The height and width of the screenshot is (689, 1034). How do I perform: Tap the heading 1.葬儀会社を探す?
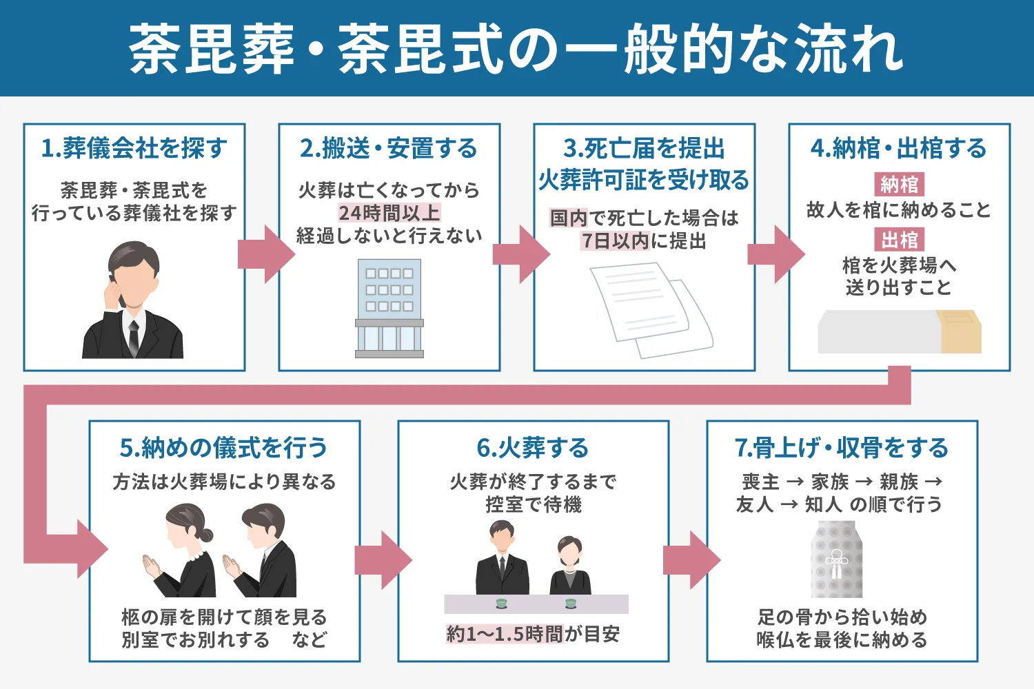click(x=134, y=148)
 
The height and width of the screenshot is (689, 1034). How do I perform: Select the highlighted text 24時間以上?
click(x=389, y=213)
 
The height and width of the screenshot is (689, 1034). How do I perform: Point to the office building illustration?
click(x=389, y=308)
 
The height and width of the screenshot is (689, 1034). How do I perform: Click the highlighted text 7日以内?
click(x=614, y=241)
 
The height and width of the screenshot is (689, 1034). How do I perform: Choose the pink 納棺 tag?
click(x=899, y=185)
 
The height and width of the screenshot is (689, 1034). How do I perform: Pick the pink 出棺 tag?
click(x=899, y=240)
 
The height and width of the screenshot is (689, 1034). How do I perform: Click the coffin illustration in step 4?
click(x=899, y=331)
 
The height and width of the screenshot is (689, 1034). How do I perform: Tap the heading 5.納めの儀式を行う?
click(x=224, y=448)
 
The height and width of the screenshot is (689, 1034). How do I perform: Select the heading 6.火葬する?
click(x=533, y=448)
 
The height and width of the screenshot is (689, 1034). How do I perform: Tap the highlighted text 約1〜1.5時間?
click(x=505, y=634)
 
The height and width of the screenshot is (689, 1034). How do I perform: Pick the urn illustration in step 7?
click(x=836, y=559)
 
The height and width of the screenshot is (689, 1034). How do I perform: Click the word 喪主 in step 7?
click(x=760, y=482)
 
